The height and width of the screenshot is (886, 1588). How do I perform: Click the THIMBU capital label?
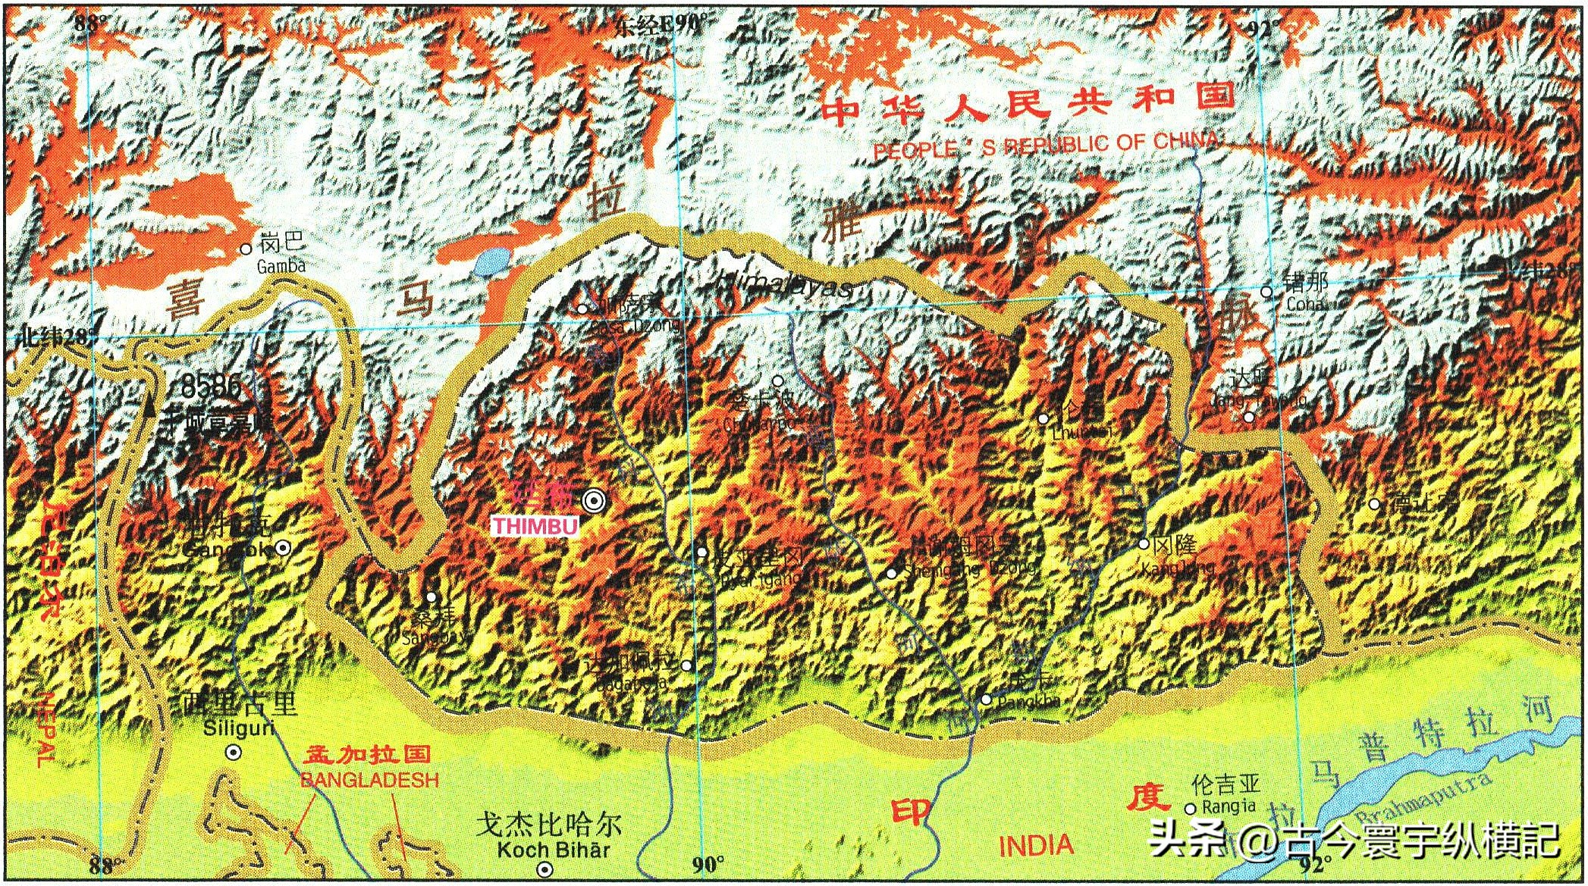pyautogui.click(x=535, y=526)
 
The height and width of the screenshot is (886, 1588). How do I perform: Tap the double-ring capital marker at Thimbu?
pyautogui.click(x=595, y=500)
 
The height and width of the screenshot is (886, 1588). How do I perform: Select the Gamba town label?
pyautogui.click(x=281, y=266)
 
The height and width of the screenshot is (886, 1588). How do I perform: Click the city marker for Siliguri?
pyautogui.click(x=234, y=753)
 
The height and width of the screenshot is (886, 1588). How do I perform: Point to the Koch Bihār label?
pyautogui.click(x=553, y=850)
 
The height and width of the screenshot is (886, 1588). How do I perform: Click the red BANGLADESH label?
pyautogui.click(x=369, y=780)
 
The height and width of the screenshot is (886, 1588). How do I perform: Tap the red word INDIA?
pyautogui.click(x=1036, y=846)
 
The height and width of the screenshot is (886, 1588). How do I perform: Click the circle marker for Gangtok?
pyautogui.click(x=282, y=547)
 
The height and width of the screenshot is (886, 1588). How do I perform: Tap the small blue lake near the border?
pyautogui.click(x=491, y=262)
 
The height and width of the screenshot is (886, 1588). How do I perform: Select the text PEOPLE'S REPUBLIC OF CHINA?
pyautogui.click(x=1047, y=144)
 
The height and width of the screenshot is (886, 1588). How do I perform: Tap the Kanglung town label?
pyautogui.click(x=1177, y=567)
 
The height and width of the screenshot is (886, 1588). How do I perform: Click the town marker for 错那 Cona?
pyautogui.click(x=1266, y=292)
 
